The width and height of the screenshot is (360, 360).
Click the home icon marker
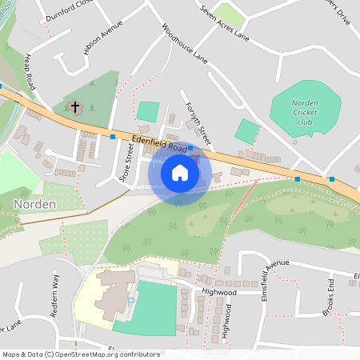click(179, 173)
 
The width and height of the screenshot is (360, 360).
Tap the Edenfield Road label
click(159, 144)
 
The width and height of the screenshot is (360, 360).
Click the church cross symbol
click(75, 106)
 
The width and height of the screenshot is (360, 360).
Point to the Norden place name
click(34, 205)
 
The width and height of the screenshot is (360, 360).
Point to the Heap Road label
click(30, 72)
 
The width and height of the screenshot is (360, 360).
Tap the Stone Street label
click(126, 162)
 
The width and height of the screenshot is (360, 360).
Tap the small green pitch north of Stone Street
click(147, 112)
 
